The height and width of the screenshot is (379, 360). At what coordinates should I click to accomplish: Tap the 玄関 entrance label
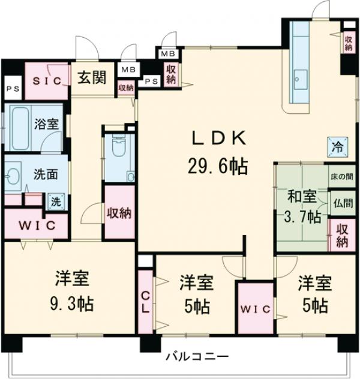[91, 79]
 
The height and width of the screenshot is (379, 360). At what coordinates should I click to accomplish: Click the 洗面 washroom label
[45, 175]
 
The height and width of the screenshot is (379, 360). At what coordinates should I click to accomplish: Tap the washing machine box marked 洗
[55, 202]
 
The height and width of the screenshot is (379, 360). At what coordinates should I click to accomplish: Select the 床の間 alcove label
[341, 178]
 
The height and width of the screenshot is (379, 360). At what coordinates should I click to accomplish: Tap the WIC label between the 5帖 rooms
[256, 308]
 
